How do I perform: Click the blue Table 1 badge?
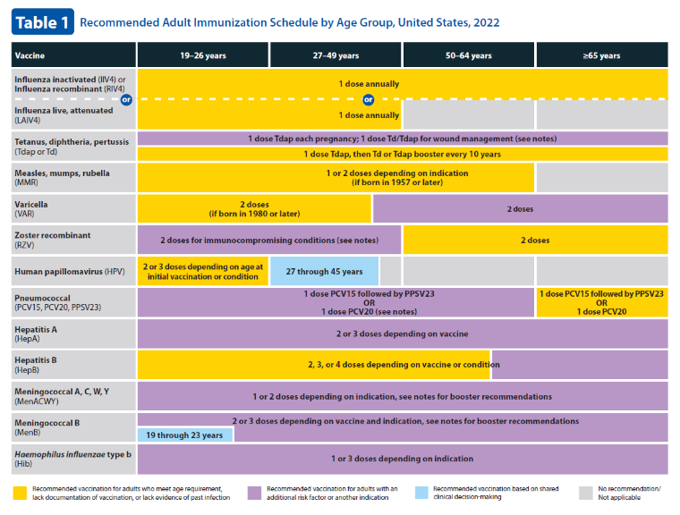tap(43, 21)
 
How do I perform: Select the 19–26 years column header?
tap(203, 55)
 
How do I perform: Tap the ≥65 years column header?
tap(602, 55)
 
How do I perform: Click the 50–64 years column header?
tap(469, 55)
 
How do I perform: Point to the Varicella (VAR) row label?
tap(31, 208)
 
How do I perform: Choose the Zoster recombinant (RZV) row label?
tap(53, 240)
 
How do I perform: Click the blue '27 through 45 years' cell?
tap(324, 272)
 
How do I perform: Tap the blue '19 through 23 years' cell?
tap(185, 435)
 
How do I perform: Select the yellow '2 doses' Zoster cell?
tap(536, 240)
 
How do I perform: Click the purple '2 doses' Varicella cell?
tap(521, 208)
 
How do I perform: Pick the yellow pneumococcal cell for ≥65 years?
tap(602, 302)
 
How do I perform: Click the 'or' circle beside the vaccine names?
tap(126, 100)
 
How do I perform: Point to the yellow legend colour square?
tap(20, 493)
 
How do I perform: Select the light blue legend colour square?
tap(421, 493)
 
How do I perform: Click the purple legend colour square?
tap(255, 493)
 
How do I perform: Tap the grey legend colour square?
tap(586, 493)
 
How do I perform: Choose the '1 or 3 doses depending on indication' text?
tap(403, 459)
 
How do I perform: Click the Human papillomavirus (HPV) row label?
tap(70, 272)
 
